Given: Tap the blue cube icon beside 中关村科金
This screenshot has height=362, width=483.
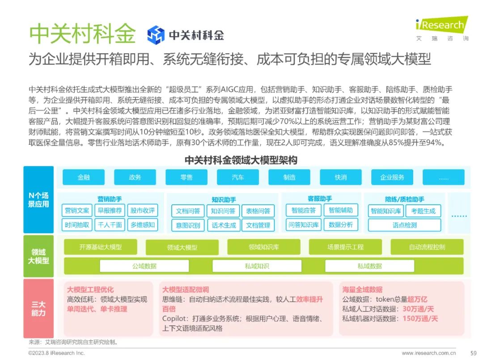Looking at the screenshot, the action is pos(156,34).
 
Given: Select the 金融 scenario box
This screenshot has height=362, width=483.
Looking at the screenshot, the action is pos(84,177).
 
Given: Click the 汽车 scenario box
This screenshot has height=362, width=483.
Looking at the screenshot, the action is pos(238,177).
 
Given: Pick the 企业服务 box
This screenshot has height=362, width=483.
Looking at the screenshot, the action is pos(392,177).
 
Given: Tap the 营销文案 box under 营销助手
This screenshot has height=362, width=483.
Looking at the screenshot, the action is pos(77,210).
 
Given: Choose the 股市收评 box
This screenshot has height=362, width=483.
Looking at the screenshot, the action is pos(143,210).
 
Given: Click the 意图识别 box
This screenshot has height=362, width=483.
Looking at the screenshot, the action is pos(188,225).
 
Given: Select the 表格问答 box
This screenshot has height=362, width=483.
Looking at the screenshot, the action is pos(258,211).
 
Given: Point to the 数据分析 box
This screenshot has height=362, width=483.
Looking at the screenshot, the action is pos(341,225).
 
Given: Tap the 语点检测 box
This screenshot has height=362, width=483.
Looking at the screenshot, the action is pos(405,225).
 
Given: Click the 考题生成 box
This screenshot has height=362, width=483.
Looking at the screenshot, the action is pos(423,211).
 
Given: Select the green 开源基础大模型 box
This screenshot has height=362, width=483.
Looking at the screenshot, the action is pos(101,247).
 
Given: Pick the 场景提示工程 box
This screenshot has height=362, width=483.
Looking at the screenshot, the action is pos(345,247).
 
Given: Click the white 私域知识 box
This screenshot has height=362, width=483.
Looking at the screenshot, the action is pos(257,266).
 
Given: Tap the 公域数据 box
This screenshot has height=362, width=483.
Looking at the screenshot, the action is pos(144,266).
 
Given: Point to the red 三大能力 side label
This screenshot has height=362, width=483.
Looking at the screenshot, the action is pos(38,309).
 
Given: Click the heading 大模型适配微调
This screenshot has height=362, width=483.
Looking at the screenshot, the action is pos(186,290).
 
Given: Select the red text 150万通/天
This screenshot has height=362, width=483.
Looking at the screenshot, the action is pos(420,318).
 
